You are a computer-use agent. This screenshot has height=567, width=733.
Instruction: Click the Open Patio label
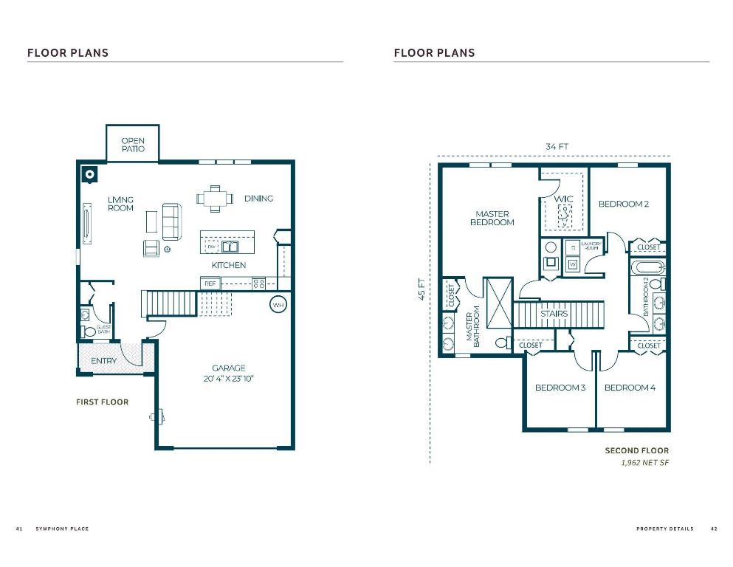133,145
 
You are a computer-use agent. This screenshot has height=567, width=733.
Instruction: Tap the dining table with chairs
215,198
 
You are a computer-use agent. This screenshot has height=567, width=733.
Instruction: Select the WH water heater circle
278,304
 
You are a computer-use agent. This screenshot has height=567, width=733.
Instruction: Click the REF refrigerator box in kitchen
210,283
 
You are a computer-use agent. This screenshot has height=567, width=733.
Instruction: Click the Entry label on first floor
103,361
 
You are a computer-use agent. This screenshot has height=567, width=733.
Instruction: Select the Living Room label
120,204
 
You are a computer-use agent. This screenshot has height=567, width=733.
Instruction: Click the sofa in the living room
172,221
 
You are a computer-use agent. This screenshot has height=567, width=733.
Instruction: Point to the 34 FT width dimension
557,146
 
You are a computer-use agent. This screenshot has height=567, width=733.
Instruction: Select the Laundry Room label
591,246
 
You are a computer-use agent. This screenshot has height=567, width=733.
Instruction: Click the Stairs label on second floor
554,314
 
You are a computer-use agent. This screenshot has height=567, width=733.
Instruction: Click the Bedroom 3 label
560,388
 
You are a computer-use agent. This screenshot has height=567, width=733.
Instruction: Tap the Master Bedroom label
492,218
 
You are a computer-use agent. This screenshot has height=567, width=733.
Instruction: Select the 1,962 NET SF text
644,464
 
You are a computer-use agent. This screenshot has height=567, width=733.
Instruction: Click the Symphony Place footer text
62,529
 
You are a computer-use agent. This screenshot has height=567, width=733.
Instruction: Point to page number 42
714,529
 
